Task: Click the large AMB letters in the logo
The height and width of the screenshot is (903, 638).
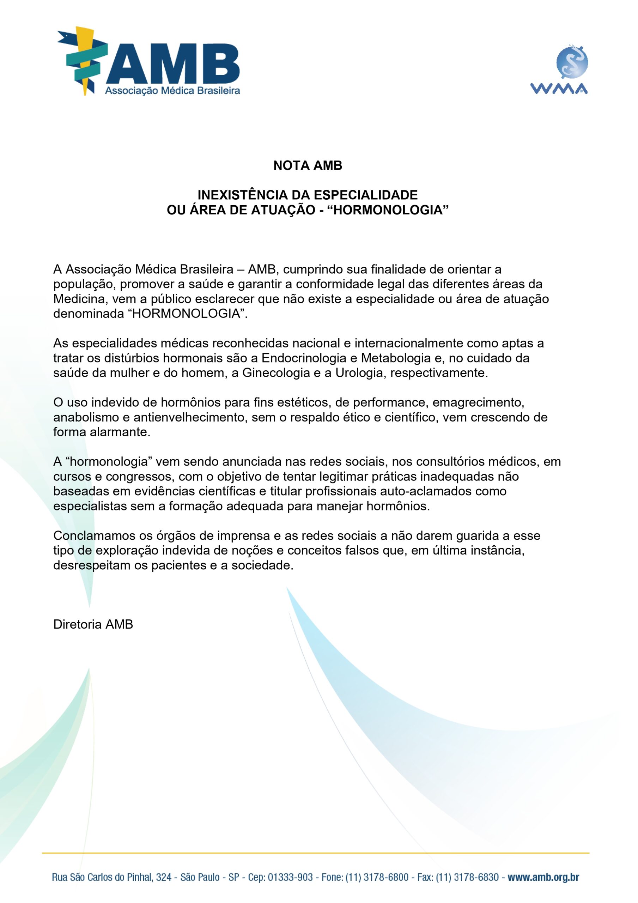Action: [x=173, y=62]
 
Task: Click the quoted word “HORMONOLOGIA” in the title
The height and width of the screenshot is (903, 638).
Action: [x=388, y=210]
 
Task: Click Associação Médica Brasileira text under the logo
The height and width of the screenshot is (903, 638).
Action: [x=172, y=91]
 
